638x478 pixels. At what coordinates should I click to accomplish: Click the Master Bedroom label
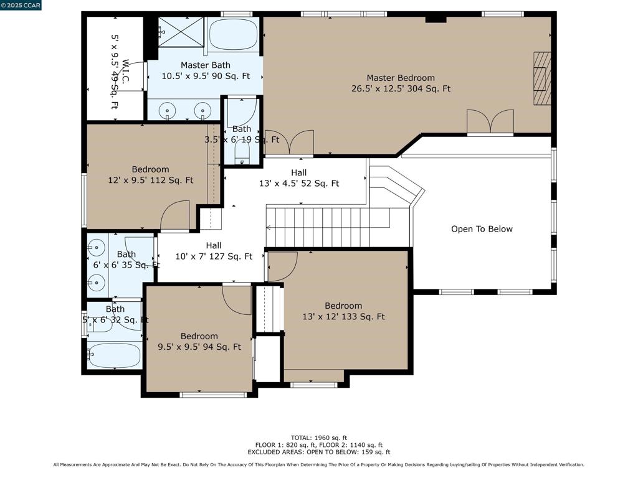click(401, 83)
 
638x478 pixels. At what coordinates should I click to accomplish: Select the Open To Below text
click(482, 229)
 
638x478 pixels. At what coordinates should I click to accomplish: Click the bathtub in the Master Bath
click(234, 34)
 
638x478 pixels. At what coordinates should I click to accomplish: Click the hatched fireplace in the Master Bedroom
click(543, 78)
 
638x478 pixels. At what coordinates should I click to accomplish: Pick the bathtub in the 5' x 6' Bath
click(115, 355)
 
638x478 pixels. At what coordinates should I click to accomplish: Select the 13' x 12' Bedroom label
click(343, 311)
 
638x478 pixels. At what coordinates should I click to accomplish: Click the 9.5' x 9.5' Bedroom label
click(199, 342)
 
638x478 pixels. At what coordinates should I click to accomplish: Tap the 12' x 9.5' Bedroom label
click(151, 175)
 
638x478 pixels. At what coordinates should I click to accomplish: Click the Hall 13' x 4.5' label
click(299, 178)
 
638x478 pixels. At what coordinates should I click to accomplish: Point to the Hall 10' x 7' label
click(214, 251)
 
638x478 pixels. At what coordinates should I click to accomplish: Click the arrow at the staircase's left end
click(269, 228)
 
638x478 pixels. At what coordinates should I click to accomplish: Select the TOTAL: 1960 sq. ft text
click(319, 438)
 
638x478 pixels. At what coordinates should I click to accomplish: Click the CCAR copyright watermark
click(21, 5)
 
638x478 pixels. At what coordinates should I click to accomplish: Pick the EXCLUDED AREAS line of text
click(319, 452)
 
